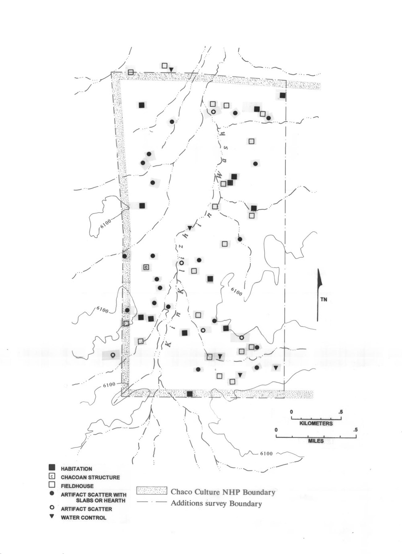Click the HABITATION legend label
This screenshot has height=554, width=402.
tap(76, 469)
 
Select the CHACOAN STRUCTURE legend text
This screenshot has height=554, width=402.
tap(90, 477)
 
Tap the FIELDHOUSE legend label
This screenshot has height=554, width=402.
tap(77, 486)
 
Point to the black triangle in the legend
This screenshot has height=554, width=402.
tap(52, 516)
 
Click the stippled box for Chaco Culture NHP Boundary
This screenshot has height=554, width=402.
tap(152, 491)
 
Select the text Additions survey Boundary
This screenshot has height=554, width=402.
tap(216, 503)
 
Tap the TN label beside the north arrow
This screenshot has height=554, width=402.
tap(324, 300)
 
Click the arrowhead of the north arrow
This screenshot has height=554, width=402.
tap(320, 277)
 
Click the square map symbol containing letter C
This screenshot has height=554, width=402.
tap(146, 267)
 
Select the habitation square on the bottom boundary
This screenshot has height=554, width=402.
tap(190, 394)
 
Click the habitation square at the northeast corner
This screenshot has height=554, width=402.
tap(283, 95)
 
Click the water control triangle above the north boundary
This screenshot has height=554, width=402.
tap(171, 70)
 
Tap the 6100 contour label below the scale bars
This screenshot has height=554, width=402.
tap(266, 453)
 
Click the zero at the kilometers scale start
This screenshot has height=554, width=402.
tap(291, 412)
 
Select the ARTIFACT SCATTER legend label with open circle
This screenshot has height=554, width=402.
tap(86, 509)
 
